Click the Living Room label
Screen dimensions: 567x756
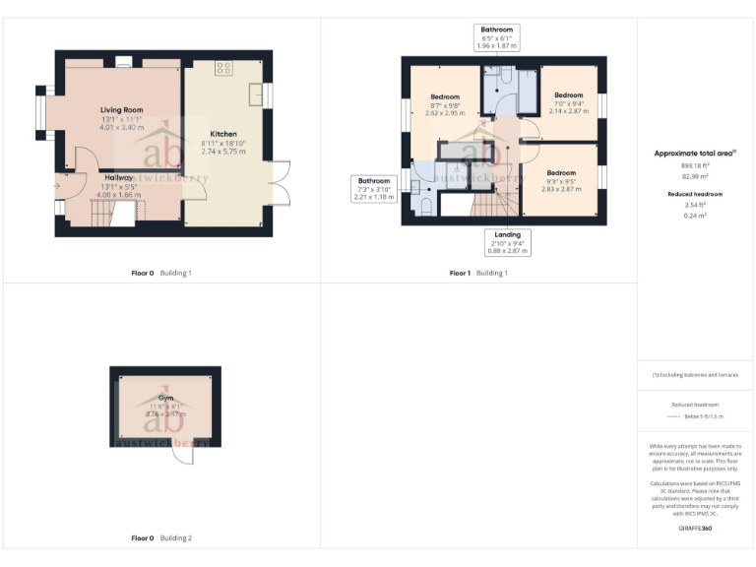[121, 110]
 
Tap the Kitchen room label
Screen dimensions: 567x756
[223, 134]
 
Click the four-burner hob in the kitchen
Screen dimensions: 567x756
[223, 69]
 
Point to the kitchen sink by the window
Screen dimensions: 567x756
[255, 95]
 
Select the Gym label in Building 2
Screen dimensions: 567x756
[153, 398]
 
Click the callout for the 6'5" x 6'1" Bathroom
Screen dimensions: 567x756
[496, 37]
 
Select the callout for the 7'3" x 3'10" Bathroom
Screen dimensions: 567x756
[373, 189]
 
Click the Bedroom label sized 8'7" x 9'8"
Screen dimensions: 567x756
[445, 96]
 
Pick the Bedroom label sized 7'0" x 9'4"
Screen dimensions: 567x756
[568, 94]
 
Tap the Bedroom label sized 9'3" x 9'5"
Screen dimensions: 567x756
[562, 173]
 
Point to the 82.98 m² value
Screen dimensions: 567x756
[695, 175]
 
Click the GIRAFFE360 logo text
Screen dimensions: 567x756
[695, 529]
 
